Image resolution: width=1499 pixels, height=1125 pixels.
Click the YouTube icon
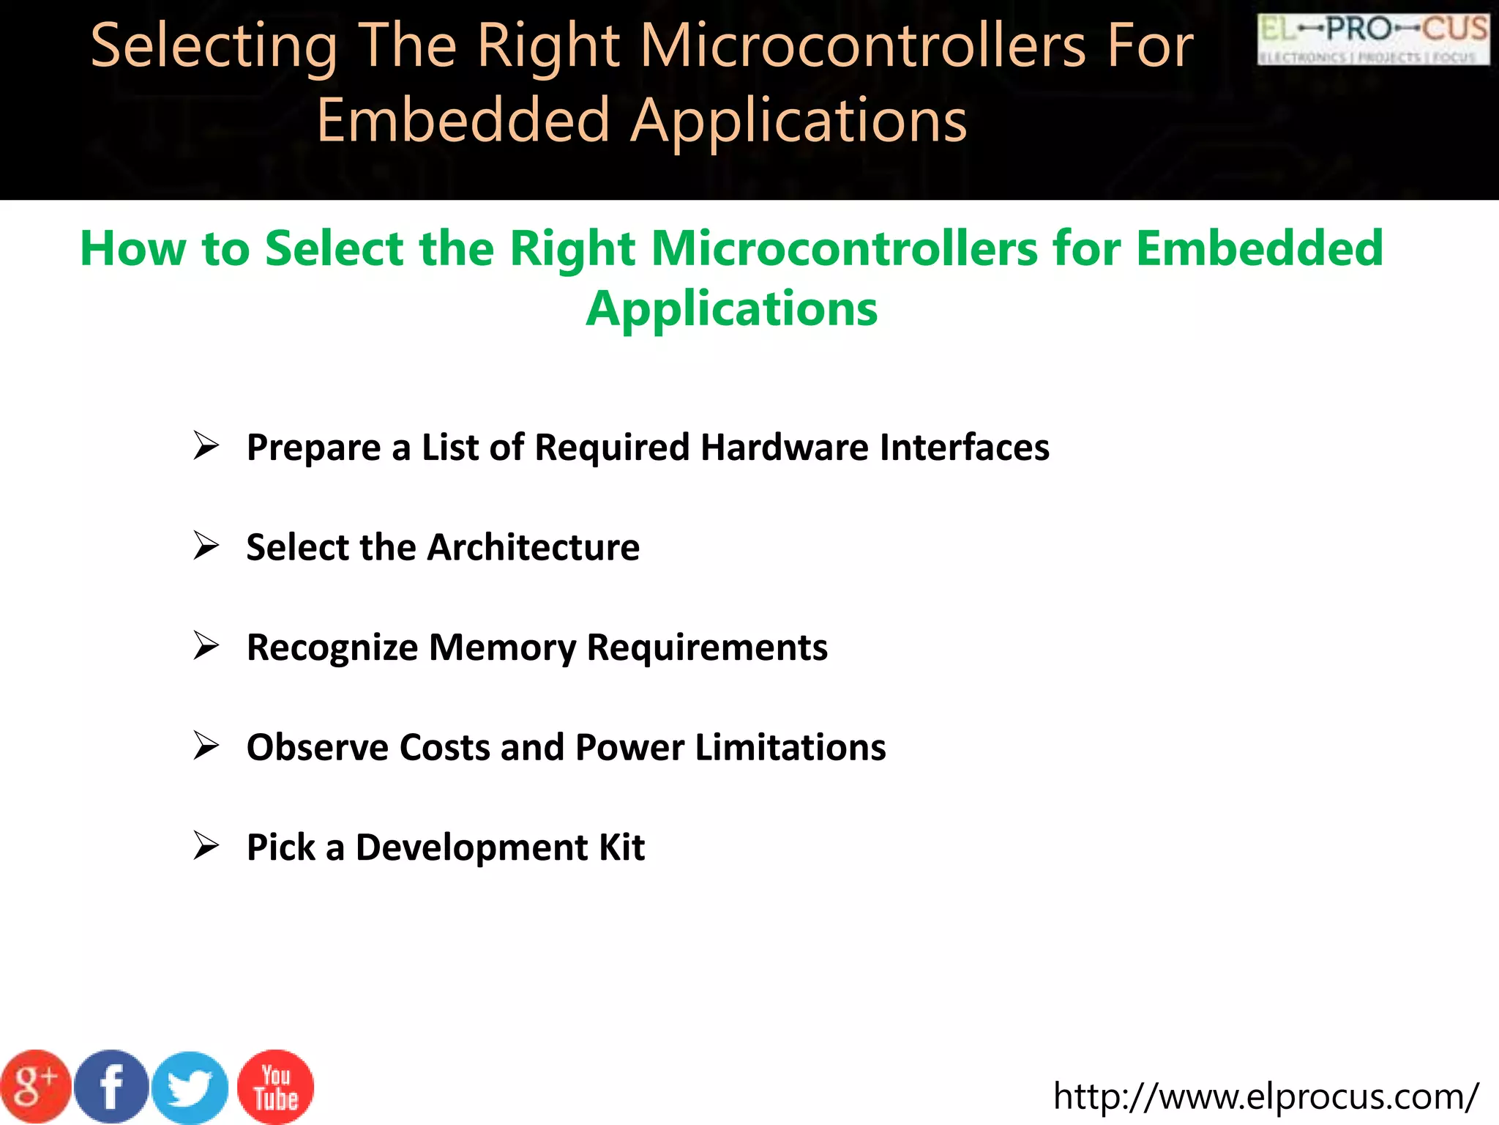(x=276, y=1087)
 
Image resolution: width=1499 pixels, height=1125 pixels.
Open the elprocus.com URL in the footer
(x=1266, y=1096)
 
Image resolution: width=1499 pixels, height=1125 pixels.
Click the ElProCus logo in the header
(x=1373, y=40)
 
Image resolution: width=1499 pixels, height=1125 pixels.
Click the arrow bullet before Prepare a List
(x=206, y=446)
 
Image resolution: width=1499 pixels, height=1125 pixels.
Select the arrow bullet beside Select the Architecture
(x=206, y=546)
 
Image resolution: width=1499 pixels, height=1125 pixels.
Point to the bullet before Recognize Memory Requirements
(x=206, y=646)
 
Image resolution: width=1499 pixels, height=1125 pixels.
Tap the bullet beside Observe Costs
(x=206, y=746)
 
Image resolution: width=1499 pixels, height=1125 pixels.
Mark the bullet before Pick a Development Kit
(x=206, y=846)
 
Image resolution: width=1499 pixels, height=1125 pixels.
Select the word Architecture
(x=534, y=547)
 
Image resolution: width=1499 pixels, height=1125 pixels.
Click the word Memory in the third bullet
(x=502, y=647)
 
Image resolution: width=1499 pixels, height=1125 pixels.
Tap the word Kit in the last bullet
(x=621, y=847)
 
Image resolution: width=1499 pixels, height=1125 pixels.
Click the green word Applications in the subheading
(x=731, y=308)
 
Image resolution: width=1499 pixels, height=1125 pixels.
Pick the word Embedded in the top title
(x=463, y=121)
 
